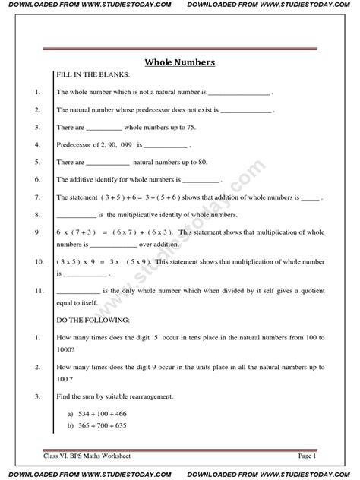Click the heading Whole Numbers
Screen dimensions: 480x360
181,63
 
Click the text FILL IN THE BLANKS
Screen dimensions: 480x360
89,77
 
